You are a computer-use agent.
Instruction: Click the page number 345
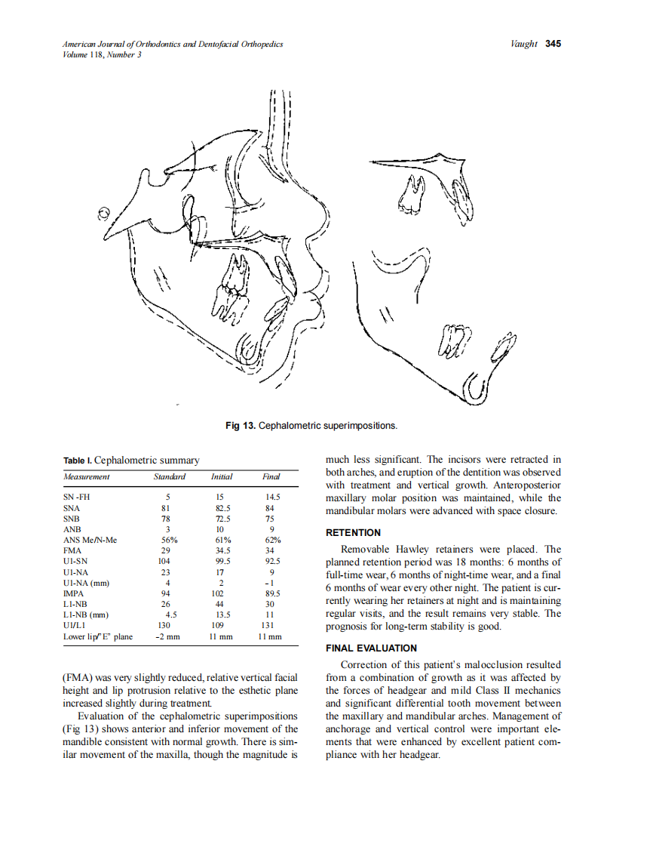pyautogui.click(x=553, y=44)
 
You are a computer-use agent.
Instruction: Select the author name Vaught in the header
pyautogui.click(x=524, y=44)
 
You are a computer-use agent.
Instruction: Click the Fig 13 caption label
pyautogui.click(x=241, y=427)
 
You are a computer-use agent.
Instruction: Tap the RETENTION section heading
pyautogui.click(x=353, y=533)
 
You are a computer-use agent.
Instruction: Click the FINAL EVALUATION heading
pyautogui.click(x=371, y=648)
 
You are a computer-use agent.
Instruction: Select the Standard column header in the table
pyautogui.click(x=169, y=476)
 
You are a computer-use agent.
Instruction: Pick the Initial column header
pyautogui.click(x=222, y=476)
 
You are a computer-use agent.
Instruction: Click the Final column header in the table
pyautogui.click(x=271, y=476)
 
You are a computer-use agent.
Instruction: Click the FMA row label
pyautogui.click(x=72, y=551)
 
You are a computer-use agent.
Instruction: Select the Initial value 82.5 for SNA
pyautogui.click(x=222, y=509)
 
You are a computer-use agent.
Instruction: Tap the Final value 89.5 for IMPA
pyautogui.click(x=271, y=594)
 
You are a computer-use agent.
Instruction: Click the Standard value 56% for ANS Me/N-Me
pyautogui.click(x=169, y=541)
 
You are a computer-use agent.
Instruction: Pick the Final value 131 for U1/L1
pyautogui.click(x=270, y=626)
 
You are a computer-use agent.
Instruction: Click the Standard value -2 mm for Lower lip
pyautogui.click(x=167, y=637)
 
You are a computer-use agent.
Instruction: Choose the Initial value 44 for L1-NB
pyautogui.click(x=222, y=605)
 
